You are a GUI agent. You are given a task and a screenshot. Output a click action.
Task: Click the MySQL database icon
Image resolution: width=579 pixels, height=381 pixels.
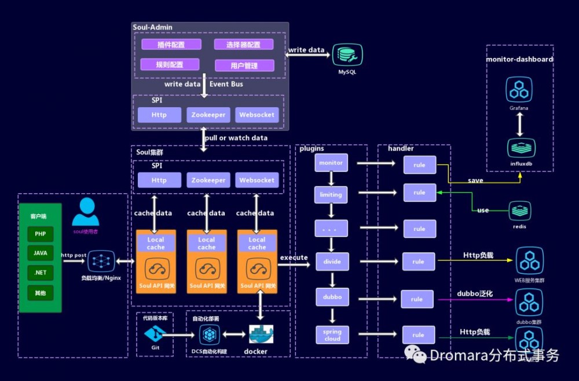[x=347, y=54]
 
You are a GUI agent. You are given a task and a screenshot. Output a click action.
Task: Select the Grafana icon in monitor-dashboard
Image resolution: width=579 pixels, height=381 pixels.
[x=519, y=89]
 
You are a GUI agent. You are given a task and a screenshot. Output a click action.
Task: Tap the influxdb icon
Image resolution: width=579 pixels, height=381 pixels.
[x=519, y=148]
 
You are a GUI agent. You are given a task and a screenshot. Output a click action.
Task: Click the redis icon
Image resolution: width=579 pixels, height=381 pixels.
[x=519, y=210]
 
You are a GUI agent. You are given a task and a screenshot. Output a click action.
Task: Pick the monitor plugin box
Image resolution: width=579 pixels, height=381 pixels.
[x=331, y=163]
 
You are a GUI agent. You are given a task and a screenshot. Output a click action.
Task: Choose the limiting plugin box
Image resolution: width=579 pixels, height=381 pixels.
[x=331, y=195]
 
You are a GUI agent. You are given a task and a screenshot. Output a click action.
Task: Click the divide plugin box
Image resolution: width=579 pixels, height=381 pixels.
[x=332, y=262]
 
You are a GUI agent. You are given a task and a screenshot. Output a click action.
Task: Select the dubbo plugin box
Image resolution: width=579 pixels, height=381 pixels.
[x=332, y=297]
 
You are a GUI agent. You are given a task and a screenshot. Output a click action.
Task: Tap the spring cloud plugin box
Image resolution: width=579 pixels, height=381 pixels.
[x=332, y=335]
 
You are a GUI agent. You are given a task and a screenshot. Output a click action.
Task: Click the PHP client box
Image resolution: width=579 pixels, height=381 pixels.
[x=40, y=234]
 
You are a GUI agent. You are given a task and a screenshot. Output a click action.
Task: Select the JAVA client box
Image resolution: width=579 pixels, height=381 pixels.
[x=40, y=253]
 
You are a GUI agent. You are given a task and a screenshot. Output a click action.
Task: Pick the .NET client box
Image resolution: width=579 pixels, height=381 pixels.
[x=40, y=273]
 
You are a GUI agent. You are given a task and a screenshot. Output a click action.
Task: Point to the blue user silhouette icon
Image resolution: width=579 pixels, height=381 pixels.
[x=86, y=211]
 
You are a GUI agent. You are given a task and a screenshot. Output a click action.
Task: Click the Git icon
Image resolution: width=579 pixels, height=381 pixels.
[x=155, y=334]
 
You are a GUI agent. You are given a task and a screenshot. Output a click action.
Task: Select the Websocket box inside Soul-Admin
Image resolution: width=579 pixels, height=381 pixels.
[x=257, y=115]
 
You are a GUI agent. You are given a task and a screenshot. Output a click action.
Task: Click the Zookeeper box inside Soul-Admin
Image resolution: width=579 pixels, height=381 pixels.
[x=208, y=115]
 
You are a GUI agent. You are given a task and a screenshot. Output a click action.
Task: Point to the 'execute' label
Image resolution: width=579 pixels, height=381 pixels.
[x=294, y=258]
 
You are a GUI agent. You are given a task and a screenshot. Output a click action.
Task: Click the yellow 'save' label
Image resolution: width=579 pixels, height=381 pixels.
[x=475, y=181]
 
